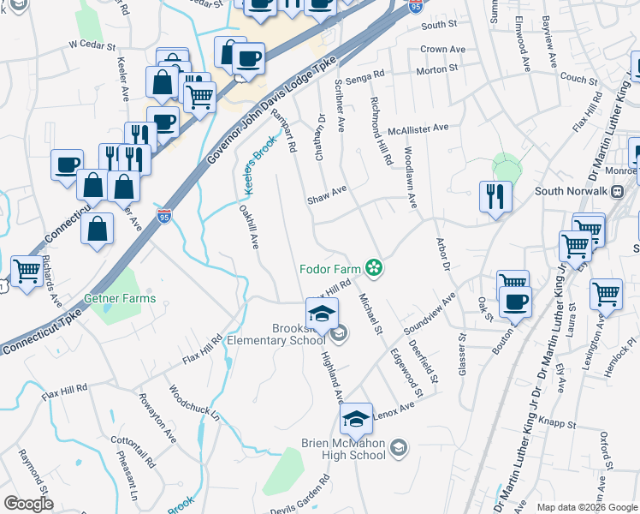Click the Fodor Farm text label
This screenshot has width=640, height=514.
click(x=329, y=268)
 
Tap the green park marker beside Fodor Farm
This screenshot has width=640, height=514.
click(x=373, y=268)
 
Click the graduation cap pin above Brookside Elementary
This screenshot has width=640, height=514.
click(x=322, y=313)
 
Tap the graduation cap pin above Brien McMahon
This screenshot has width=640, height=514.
click(x=356, y=418)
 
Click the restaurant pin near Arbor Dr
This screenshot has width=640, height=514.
click(x=495, y=196)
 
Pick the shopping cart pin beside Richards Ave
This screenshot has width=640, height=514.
click(x=27, y=272)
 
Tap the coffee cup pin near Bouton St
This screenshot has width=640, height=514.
click(x=515, y=301)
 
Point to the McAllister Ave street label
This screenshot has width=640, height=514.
click(x=418, y=128)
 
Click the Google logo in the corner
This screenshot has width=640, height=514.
click(x=28, y=504)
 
